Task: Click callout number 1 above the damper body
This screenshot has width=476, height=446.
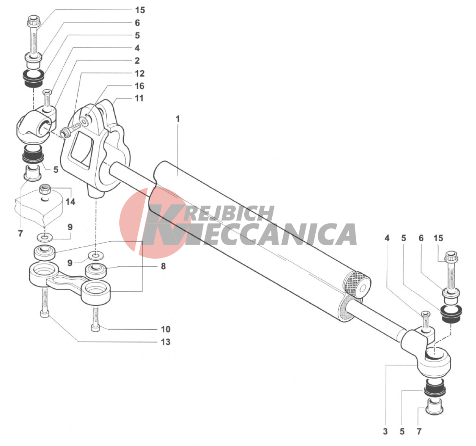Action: click(178, 119)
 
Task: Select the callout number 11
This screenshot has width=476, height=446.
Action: click(139, 98)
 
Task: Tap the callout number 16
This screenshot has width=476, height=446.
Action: click(139, 86)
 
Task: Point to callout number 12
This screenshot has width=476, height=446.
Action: click(139, 73)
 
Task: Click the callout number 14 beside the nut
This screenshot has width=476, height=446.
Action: click(71, 202)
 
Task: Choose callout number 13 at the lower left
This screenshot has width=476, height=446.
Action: click(166, 342)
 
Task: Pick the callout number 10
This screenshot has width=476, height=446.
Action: click(166, 329)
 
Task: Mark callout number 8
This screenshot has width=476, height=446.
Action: click(163, 266)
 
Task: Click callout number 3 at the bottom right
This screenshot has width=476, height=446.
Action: click(385, 431)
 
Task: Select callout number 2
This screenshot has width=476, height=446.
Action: click(137, 61)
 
